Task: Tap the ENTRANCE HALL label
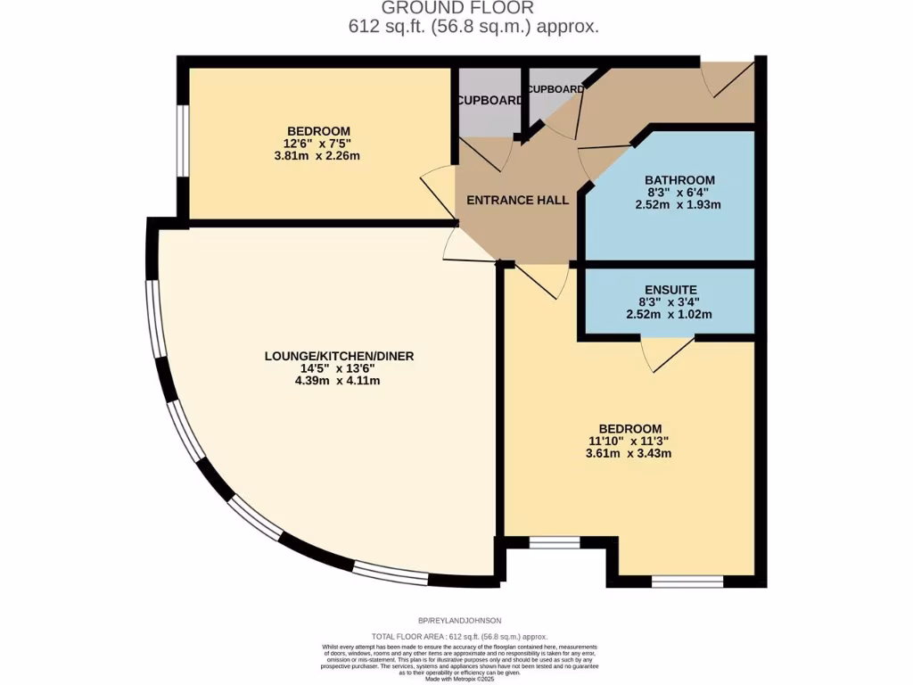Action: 517,201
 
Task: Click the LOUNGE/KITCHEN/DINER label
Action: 339,355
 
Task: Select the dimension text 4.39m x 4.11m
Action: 339,381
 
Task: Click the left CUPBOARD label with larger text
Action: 489,101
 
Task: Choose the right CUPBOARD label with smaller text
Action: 555,90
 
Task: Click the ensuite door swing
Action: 667,354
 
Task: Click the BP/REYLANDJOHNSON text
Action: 459,620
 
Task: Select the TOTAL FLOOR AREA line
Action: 459,637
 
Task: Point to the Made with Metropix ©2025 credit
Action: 459,679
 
